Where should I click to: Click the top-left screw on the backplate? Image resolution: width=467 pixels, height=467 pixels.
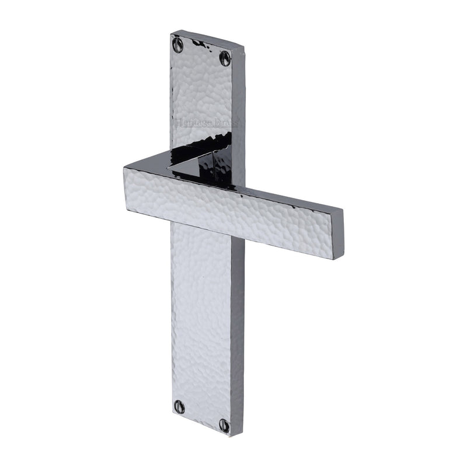[177, 44]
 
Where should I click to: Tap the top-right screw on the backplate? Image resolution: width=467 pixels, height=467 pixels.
[225, 57]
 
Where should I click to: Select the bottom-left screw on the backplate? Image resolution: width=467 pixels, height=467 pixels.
[180, 406]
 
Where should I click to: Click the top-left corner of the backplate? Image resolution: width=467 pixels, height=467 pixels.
[171, 34]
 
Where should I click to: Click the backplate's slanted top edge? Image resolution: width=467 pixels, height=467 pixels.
[207, 39]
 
